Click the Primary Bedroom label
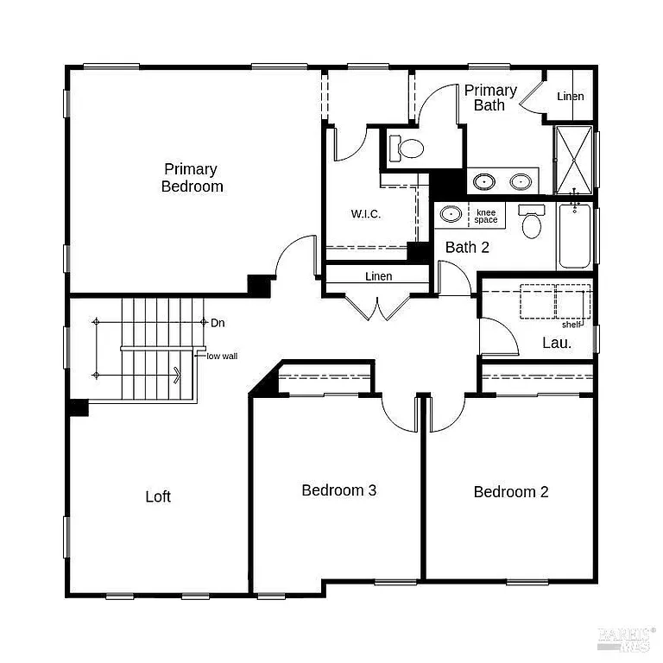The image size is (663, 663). coord(192,178)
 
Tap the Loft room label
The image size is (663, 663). coord(158,496)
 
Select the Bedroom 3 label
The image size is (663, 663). coord(338,490)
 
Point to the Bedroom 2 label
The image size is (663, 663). coord(511,492)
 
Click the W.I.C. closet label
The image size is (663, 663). coord(366,214)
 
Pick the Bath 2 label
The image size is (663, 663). coord(467,248)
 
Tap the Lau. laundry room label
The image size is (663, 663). coord(557,343)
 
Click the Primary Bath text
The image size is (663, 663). coord(490,98)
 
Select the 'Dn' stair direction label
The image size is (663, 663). coord(218,323)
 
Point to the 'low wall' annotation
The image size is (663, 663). coord(222,356)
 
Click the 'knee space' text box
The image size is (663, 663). coord(486,216)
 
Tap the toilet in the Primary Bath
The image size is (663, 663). coord(407,148)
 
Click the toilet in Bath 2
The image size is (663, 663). coord(531,223)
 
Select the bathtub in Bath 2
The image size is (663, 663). coord(574,237)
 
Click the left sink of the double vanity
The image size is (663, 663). coord(485,181)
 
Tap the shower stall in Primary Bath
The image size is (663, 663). coord(573,160)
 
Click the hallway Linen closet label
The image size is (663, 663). coord(378,276)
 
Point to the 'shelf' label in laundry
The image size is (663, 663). coord(571,325)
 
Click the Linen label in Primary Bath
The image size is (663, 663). coord(570,96)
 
